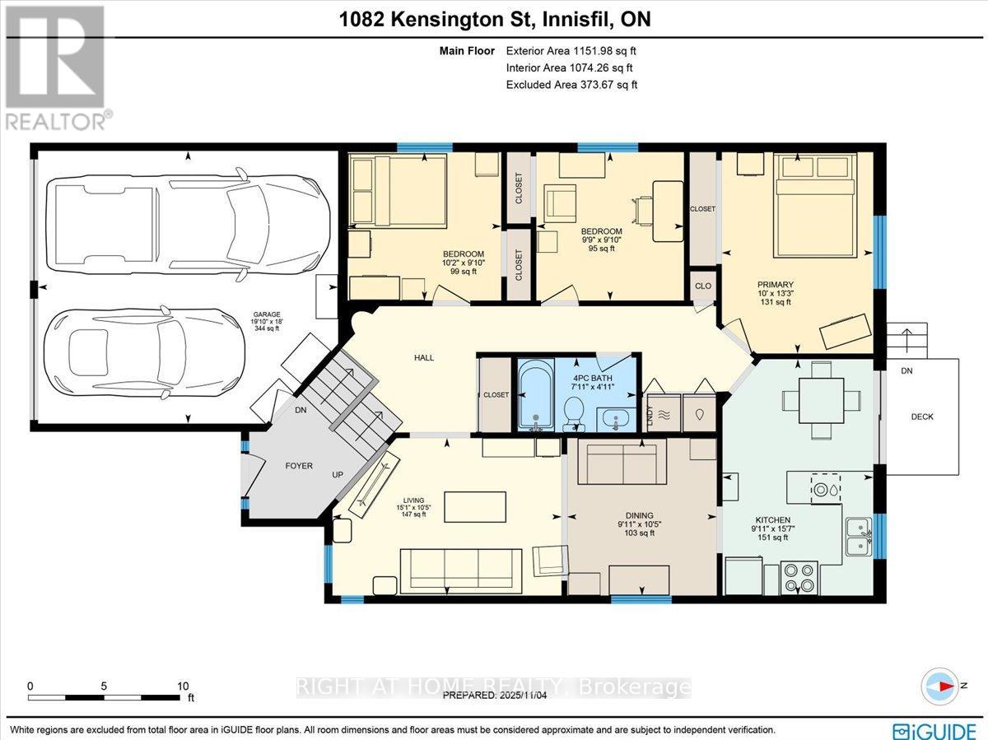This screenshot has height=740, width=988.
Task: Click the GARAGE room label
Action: pos(266,314)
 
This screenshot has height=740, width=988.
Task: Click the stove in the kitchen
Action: pos(798,577)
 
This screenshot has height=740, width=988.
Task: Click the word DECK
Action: pos(922,417)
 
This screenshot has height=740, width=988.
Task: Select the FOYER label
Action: pos(299,466)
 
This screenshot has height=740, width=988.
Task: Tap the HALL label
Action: pos(424,357)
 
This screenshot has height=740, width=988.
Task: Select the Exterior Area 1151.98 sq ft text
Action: pos(571,51)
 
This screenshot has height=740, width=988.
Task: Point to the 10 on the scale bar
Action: pos(183,685)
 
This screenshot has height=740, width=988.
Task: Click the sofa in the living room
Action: pos(460,567)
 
